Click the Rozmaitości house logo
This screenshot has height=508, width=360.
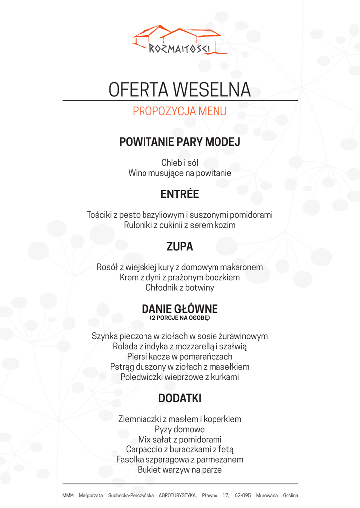[180, 39]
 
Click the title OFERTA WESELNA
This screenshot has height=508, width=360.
[180, 90]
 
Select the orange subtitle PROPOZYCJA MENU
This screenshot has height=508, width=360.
[180, 111]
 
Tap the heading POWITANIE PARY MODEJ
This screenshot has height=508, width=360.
[180, 142]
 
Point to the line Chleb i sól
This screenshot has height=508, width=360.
[180, 163]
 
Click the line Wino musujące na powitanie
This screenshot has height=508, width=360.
[180, 173]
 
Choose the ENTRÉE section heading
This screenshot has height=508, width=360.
[180, 194]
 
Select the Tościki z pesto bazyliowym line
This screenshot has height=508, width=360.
[180, 215]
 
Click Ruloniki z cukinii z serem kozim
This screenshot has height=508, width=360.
[180, 225]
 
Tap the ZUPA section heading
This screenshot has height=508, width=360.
[180, 246]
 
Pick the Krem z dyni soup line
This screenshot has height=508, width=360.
[180, 277]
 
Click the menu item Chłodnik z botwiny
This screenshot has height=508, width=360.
[180, 288]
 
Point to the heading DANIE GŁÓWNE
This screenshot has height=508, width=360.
[180, 309]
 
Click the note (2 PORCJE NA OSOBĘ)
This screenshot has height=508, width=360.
[180, 317]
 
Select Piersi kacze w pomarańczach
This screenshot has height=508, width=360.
[180, 357]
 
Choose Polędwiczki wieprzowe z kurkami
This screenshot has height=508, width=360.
[180, 377]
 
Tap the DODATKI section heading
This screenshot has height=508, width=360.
[180, 398]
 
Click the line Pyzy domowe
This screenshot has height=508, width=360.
[180, 429]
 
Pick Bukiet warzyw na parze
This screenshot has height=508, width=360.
[180, 470]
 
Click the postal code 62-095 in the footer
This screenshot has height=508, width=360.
[243, 495]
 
